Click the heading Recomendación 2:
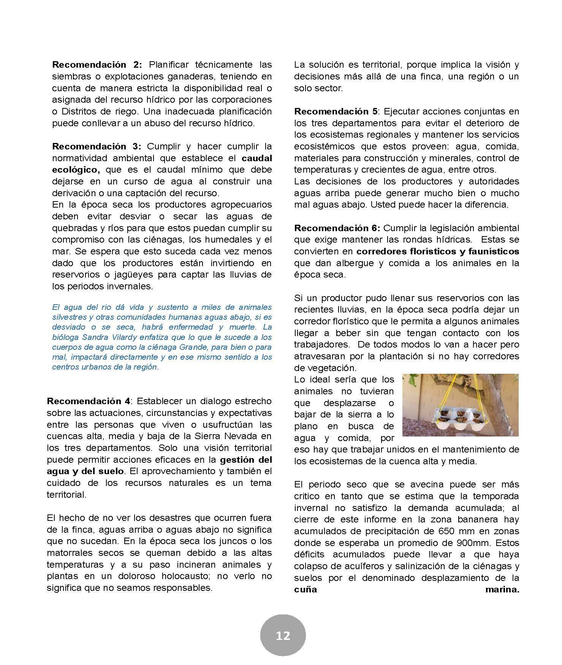tap(97, 65)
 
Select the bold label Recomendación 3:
tap(97, 146)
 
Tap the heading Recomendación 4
tap(89, 401)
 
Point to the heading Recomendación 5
tap(336, 111)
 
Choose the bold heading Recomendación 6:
tap(337, 228)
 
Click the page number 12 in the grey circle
tap(283, 635)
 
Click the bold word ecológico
tap(76, 170)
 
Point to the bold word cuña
tap(306, 590)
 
